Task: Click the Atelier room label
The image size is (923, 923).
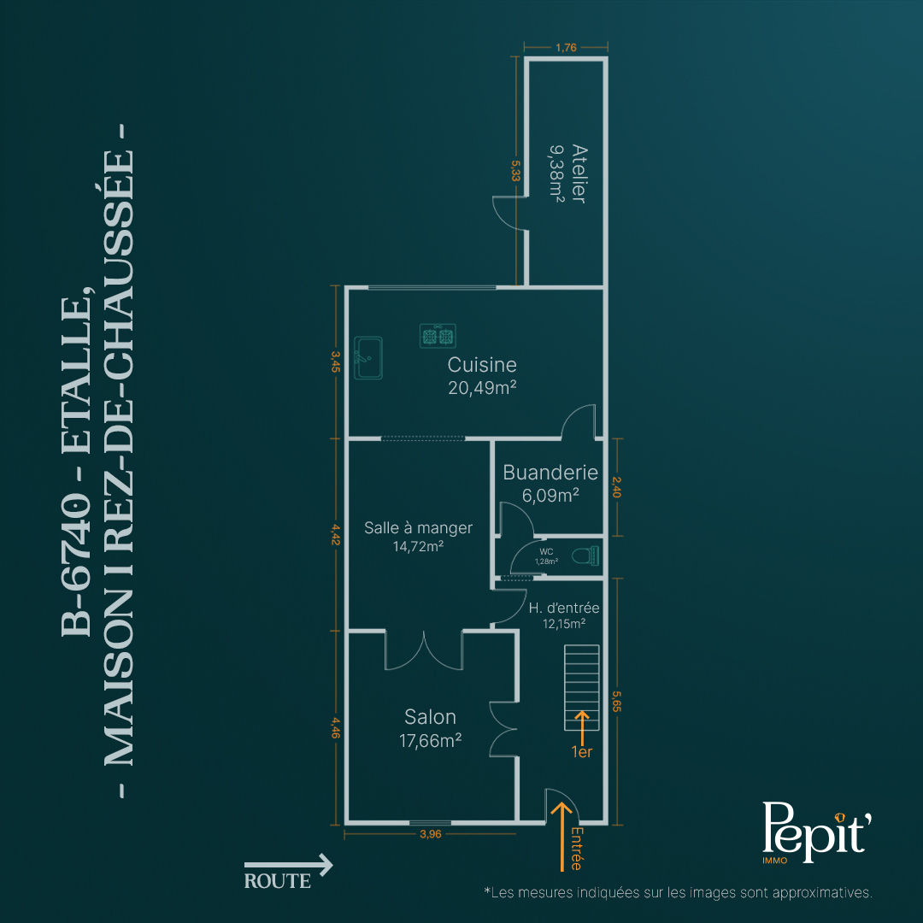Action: click(579, 174)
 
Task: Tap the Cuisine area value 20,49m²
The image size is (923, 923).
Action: click(482, 388)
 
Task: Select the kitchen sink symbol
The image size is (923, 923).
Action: click(368, 358)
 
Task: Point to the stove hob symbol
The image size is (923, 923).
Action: click(438, 336)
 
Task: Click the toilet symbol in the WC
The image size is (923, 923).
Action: click(585, 556)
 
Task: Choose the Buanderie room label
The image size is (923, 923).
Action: click(550, 473)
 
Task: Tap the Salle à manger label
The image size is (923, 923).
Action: click(418, 528)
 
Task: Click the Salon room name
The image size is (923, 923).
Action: click(430, 717)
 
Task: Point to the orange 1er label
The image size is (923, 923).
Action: click(582, 752)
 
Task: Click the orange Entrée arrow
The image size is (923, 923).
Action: click(561, 836)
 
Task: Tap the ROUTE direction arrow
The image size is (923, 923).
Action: click(289, 865)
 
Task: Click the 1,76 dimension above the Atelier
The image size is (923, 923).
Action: click(567, 48)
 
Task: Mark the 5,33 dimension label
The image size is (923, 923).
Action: click(515, 171)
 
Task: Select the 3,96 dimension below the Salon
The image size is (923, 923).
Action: click(430, 834)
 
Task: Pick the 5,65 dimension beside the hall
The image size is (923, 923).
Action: click(616, 701)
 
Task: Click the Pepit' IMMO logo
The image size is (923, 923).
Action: click(816, 832)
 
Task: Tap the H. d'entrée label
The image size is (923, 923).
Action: click(564, 608)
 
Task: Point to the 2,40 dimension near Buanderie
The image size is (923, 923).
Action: click(616, 487)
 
